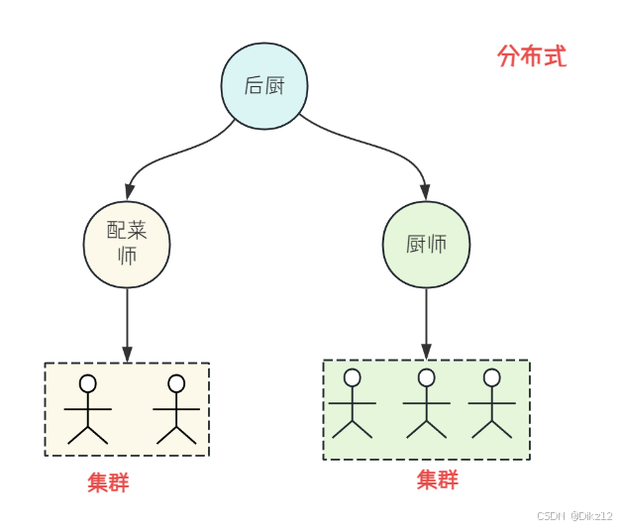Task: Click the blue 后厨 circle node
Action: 264,86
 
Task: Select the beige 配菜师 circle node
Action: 127,245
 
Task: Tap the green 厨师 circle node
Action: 426,245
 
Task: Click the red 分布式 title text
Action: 532,55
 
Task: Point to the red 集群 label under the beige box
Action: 108,482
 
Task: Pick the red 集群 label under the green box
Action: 438,479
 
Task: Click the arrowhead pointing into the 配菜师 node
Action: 130,192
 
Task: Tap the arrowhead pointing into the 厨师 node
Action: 425,192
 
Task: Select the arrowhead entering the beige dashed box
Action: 127,355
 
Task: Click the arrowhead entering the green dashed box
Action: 426,352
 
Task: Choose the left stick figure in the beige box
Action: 88,409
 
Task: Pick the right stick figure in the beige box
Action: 176,409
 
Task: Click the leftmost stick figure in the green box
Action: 352,403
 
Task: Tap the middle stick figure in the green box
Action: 426,403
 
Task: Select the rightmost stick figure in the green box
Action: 491,403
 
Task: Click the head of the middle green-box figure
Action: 426,377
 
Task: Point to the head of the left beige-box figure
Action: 88,383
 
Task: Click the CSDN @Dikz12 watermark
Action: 574,515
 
